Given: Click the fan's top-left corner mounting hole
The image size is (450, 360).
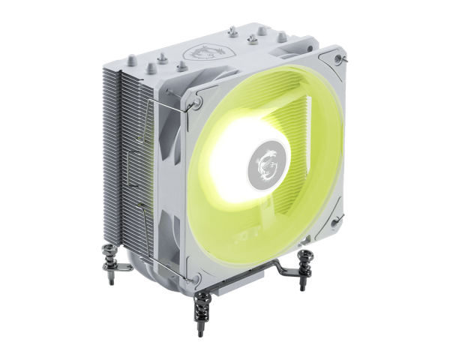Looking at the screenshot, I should click(x=199, y=96).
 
